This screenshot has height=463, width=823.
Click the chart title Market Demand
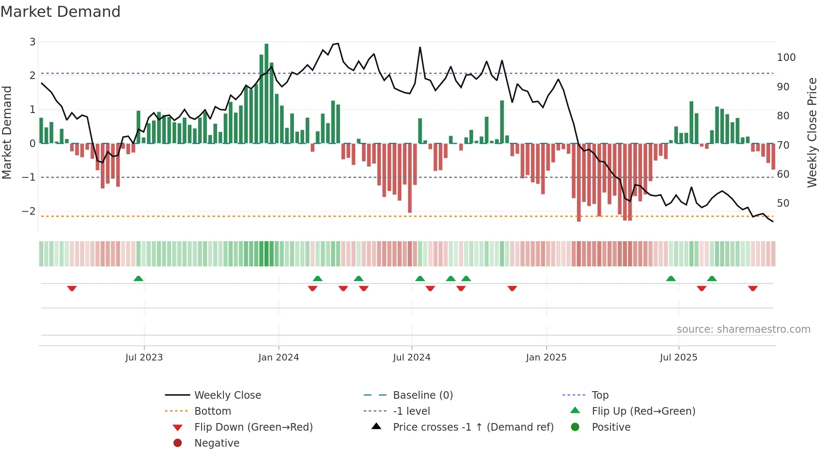point(60,12)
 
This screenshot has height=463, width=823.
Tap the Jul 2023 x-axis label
point(144,358)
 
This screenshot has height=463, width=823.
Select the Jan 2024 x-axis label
point(278,358)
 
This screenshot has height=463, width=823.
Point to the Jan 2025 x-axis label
point(546,358)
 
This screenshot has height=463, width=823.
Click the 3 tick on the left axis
point(32,42)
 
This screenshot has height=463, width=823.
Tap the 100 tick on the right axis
point(786,58)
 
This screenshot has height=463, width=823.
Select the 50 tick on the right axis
point(783,203)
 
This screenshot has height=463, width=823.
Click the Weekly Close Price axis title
point(812,132)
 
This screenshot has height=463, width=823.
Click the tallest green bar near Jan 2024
point(266,92)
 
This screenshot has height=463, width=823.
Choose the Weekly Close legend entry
point(227,395)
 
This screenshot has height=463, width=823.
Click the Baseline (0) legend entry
point(422,395)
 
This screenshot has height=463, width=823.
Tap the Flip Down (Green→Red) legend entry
point(253,427)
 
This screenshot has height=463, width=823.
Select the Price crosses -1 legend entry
point(473,427)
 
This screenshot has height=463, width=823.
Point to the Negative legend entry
point(217,443)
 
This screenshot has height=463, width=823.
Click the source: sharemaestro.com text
point(743,329)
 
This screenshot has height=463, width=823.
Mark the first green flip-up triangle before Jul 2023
point(138,278)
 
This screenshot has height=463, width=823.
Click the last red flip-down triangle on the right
point(752,289)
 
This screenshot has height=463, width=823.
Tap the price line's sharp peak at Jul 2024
point(420,47)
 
